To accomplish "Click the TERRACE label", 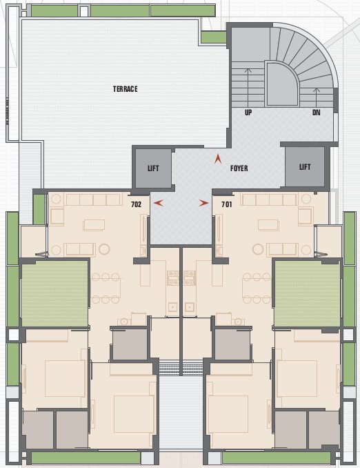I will tap(126, 89).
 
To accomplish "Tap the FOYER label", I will tap(239, 168).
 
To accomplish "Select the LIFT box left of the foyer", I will tap(153, 168).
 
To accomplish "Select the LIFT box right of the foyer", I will tap(304, 167).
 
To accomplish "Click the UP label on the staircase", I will tap(248, 112).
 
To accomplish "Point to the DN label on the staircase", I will tap(317, 112).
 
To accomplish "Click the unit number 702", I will tap(136, 204).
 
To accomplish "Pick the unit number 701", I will tap(226, 204).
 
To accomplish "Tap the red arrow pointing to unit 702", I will tap(159, 204).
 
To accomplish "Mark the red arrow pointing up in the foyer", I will tap(218, 158).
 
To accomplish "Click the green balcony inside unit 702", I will tap(55, 293).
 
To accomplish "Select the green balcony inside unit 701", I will tap(307, 293).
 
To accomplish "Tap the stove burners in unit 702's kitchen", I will tap(172, 277).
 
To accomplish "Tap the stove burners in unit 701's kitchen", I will tap(190, 277).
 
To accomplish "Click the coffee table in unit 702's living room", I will tap(94, 224).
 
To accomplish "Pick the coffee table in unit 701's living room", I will tap(268, 224).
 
